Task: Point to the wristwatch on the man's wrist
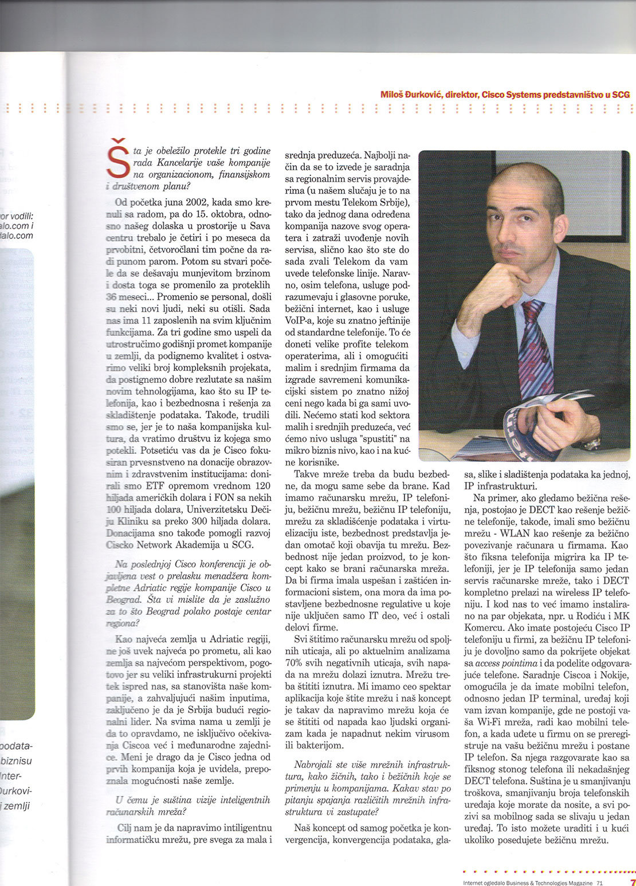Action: coord(591,443)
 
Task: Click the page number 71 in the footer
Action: coord(599,883)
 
